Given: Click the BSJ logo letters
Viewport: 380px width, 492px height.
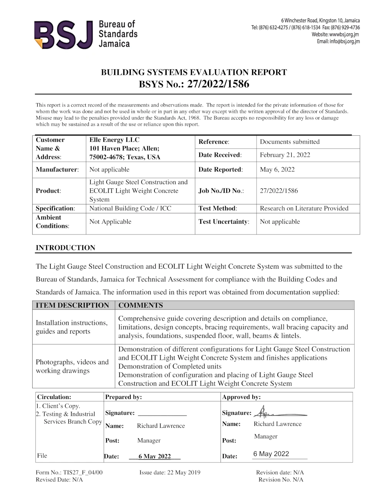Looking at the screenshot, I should pos(63,35).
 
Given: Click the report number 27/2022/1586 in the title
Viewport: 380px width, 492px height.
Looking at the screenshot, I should pos(218,84).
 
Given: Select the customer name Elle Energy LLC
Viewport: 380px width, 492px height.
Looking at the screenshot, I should pos(114,140).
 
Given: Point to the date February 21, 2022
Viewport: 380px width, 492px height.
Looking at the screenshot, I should pos(285,155).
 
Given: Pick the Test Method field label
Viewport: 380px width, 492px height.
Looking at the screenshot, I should pos(217,208).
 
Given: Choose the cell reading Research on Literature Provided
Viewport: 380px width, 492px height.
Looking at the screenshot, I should pos(304,208).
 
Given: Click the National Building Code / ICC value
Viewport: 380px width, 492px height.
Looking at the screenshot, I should pos(130,208).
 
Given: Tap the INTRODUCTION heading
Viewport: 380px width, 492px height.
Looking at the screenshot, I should pos(65,248).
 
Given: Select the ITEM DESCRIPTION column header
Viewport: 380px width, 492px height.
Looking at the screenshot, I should pos(72,306).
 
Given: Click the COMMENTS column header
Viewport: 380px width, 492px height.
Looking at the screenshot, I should pos(141,306).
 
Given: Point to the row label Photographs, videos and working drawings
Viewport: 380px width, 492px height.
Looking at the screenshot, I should pos(72,366).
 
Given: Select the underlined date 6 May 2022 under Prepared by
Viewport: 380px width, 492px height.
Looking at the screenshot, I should pos(154,457).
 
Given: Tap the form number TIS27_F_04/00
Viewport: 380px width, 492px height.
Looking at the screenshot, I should pos(69,472).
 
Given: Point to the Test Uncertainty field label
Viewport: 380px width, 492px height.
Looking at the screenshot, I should pos(224,222).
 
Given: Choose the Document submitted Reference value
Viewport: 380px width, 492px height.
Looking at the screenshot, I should pos(289,142).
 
